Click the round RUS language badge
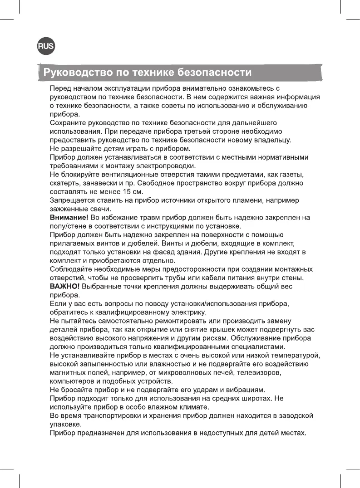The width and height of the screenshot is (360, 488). (x=45, y=46)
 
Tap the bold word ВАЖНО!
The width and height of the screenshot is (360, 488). (x=65, y=287)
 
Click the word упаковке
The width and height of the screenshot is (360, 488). (x=65, y=425)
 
